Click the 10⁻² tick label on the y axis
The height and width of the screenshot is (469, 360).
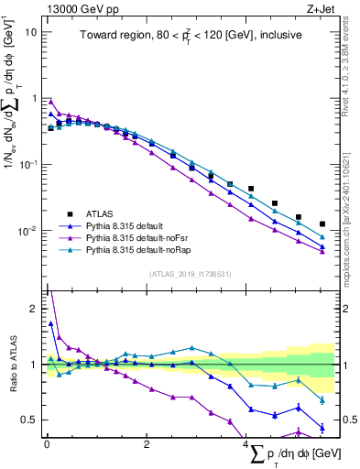[27, 231]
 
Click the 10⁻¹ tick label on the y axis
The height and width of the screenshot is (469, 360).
[27, 165]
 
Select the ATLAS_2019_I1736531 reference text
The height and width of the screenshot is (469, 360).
[189, 273]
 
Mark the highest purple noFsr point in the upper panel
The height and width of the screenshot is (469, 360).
[50, 102]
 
